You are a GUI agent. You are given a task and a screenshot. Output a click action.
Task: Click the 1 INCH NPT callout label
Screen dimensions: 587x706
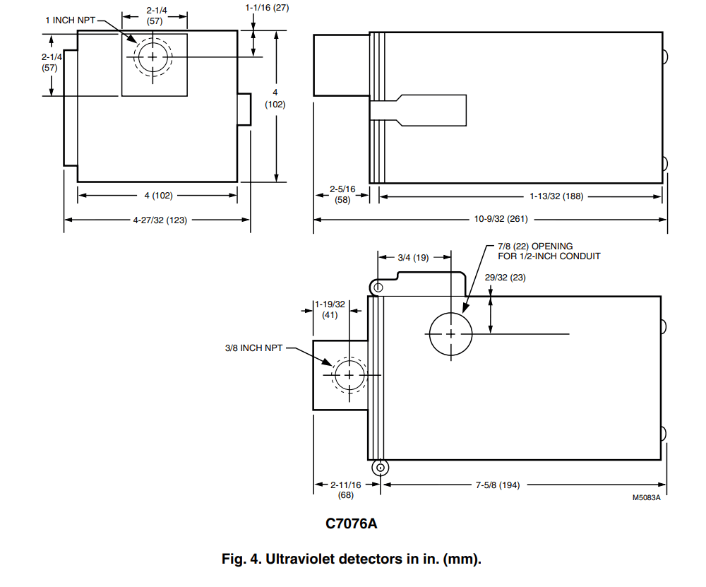pos(70,20)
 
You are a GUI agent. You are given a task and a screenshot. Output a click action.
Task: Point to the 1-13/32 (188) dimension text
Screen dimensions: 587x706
pos(556,196)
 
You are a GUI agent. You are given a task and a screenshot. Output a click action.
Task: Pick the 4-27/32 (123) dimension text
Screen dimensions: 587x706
pos(160,220)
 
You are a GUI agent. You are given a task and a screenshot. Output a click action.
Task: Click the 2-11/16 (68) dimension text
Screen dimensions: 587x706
pos(346,490)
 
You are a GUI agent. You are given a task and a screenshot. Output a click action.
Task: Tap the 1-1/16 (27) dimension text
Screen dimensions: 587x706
pos(268,8)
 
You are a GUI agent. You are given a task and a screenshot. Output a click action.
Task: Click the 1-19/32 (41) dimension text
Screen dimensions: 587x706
pos(330,309)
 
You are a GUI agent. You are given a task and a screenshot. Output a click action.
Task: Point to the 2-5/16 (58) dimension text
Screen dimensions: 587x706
pos(341,195)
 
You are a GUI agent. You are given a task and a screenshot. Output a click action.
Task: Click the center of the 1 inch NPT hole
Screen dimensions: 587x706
pos(152,57)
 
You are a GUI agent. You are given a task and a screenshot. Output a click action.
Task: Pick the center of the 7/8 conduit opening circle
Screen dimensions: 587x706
pos(450,333)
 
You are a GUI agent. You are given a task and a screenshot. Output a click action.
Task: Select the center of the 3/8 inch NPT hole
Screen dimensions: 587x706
pos(347,374)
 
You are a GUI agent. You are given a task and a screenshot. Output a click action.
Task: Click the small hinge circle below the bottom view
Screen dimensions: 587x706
pos(381,467)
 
